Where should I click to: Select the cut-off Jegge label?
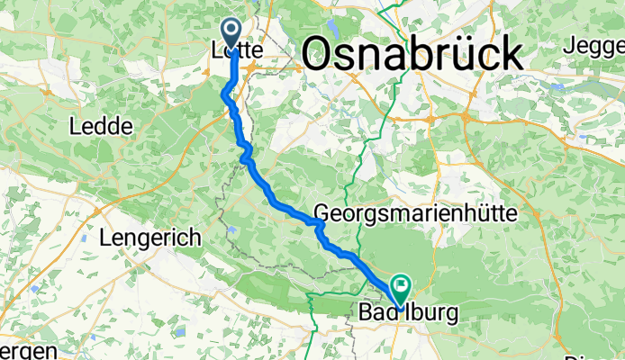click(x=595, y=43)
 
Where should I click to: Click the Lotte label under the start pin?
click(x=236, y=52)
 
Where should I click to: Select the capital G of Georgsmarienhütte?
click(x=322, y=214)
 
